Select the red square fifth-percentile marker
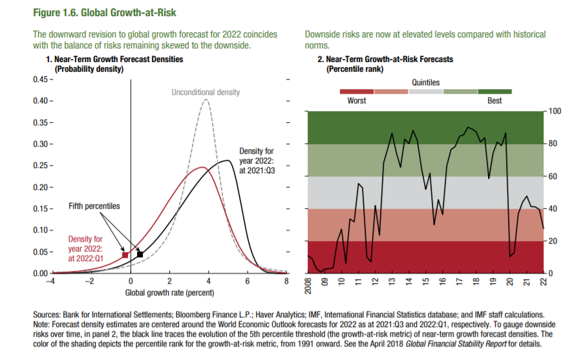pos(125,255)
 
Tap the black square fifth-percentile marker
pos(140,254)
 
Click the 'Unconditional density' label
pos(206,92)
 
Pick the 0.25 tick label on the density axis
pos(39,165)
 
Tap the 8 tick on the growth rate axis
pos(286,281)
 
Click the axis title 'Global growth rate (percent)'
pos(169,293)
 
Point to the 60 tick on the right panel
pos(551,176)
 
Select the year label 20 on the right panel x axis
pos(510,281)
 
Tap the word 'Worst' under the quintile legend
pos(357,100)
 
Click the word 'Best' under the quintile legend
pos(494,100)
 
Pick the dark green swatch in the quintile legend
pos(494,91)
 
